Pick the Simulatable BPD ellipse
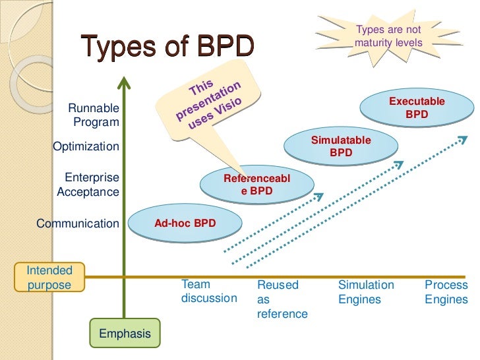point(340,146)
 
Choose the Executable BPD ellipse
point(417,108)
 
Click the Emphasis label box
point(125,334)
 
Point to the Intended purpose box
point(49,278)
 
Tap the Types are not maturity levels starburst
point(387,36)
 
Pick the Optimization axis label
point(86,146)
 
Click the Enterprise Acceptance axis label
point(88,185)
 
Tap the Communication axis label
point(78,224)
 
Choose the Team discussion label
point(208,291)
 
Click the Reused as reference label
point(282,299)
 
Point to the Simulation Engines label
point(366,291)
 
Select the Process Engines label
point(446,291)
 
